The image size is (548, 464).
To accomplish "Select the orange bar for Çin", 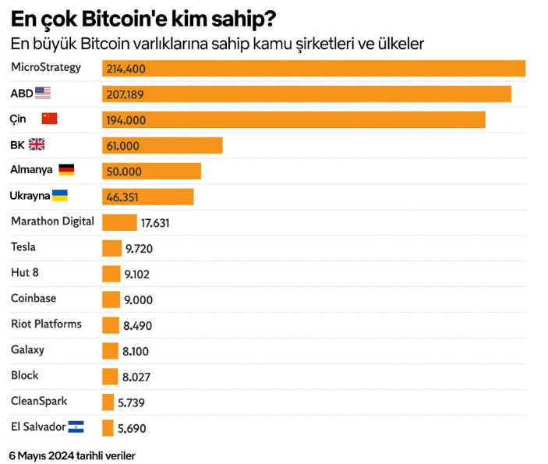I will tap(294, 119).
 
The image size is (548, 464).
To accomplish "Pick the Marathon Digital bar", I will tap(119, 222).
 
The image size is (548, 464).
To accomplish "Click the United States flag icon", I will tap(43, 94).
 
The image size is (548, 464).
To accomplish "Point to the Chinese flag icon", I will tap(50, 119).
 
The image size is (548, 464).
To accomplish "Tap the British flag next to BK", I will tap(37, 144).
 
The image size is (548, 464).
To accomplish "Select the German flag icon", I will tap(66, 169).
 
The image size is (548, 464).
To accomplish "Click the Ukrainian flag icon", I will tap(59, 195).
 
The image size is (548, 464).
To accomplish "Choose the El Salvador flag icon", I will tap(76, 427).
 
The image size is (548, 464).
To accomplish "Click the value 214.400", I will tap(125, 69).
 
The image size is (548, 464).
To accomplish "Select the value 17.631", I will tap(155, 223).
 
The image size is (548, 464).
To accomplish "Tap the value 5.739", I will tap(131, 402).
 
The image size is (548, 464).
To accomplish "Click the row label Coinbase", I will tap(34, 298).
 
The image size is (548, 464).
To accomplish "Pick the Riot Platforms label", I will tap(46, 324).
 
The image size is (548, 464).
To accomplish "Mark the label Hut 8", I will tap(25, 272).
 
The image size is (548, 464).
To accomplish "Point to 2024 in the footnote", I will tap(65, 454).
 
